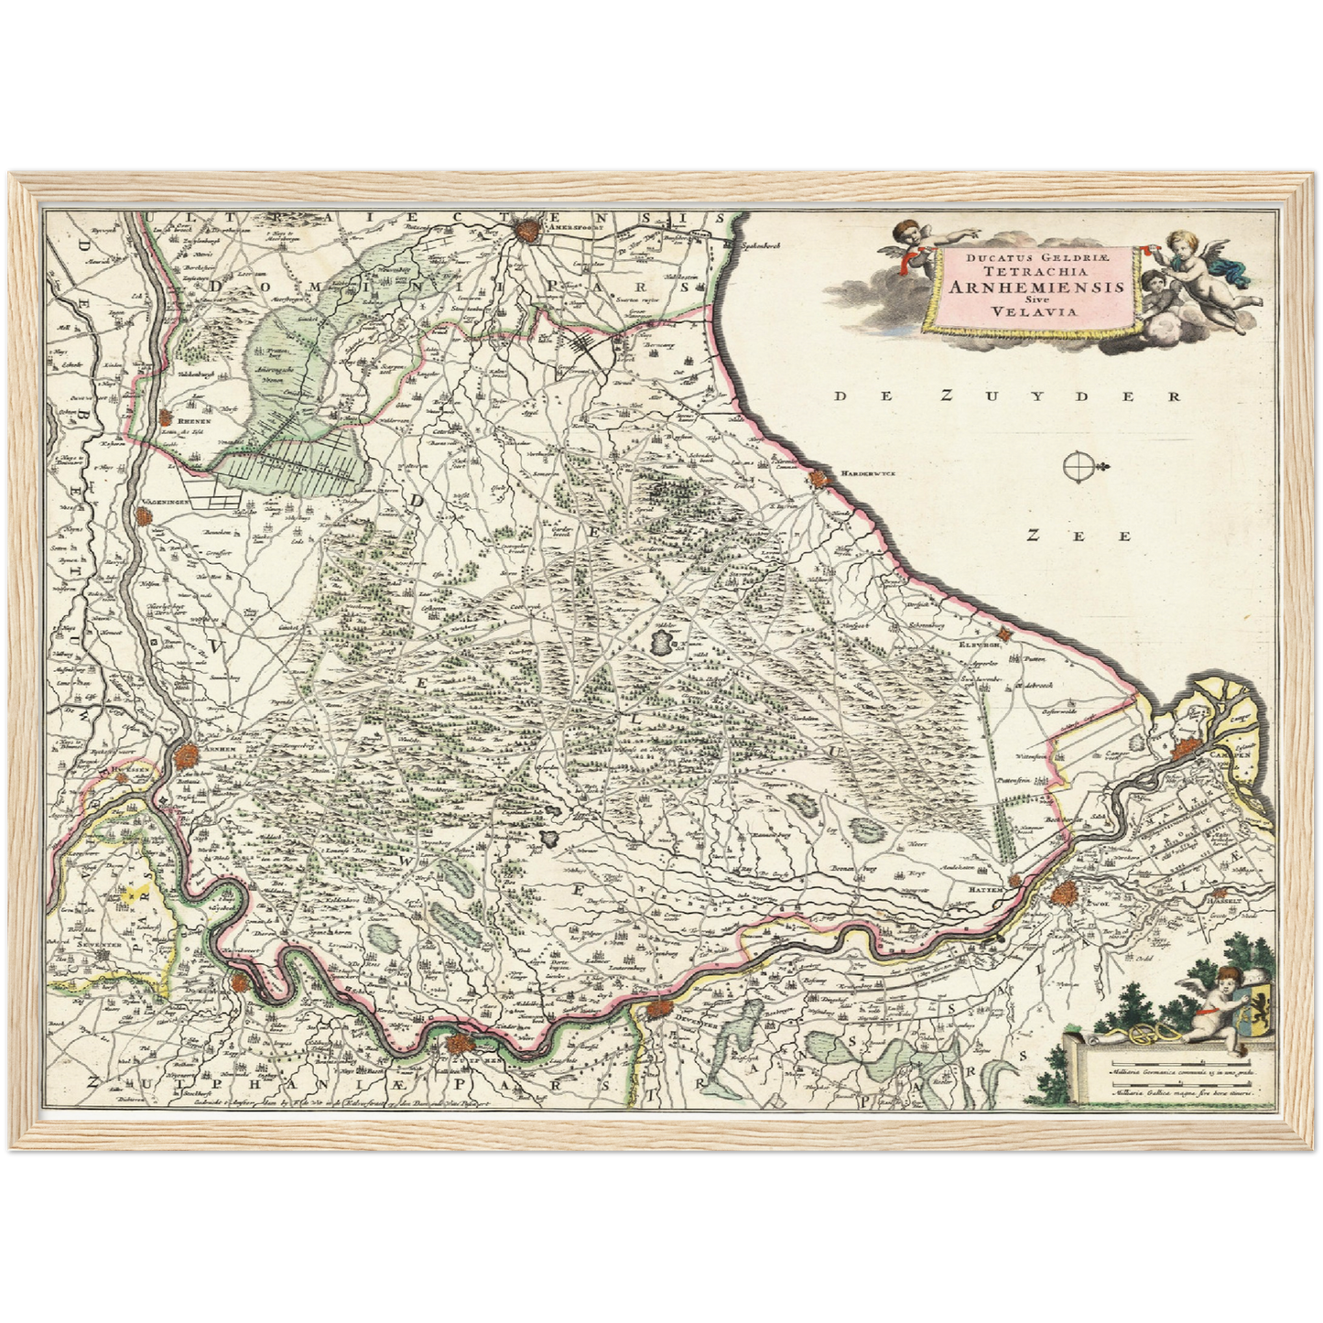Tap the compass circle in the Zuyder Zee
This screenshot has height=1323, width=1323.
click(x=1077, y=468)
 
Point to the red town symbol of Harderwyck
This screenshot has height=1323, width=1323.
click(x=816, y=479)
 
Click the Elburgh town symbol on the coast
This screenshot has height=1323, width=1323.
click(x=1004, y=637)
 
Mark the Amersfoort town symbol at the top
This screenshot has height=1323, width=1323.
click(x=528, y=229)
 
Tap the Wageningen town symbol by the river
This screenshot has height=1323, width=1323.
click(x=144, y=518)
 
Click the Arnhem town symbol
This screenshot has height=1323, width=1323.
click(x=187, y=756)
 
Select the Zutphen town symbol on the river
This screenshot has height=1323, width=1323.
click(x=459, y=1045)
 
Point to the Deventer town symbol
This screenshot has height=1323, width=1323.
click(x=657, y=1011)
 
